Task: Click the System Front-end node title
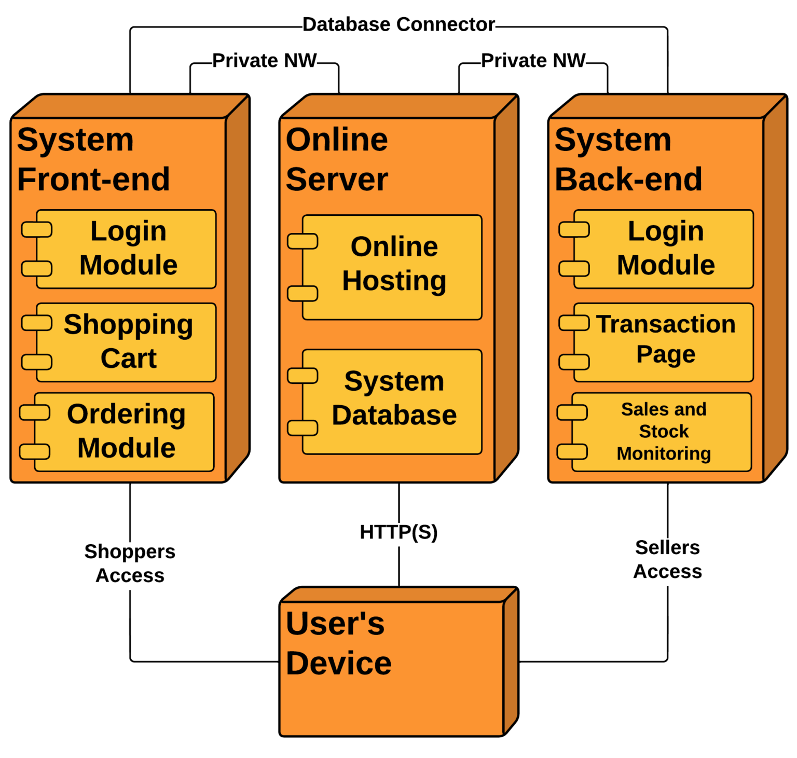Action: (93, 159)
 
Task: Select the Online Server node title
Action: (337, 159)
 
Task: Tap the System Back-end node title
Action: (628, 159)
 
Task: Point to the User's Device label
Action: (338, 643)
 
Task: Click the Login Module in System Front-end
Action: (128, 249)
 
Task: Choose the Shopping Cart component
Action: (128, 342)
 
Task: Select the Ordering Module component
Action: (126, 431)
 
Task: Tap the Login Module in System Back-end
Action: (665, 249)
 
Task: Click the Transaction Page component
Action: (665, 340)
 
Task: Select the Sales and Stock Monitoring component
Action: (663, 431)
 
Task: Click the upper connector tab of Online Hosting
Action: (303, 241)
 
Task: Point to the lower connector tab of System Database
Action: (303, 428)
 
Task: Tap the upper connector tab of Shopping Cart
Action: (37, 323)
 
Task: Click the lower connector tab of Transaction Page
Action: (574, 362)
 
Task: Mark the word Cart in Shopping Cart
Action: (128, 359)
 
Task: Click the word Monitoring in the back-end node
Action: (663, 453)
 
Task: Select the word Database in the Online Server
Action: (394, 416)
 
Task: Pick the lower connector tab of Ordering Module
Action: (35, 451)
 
